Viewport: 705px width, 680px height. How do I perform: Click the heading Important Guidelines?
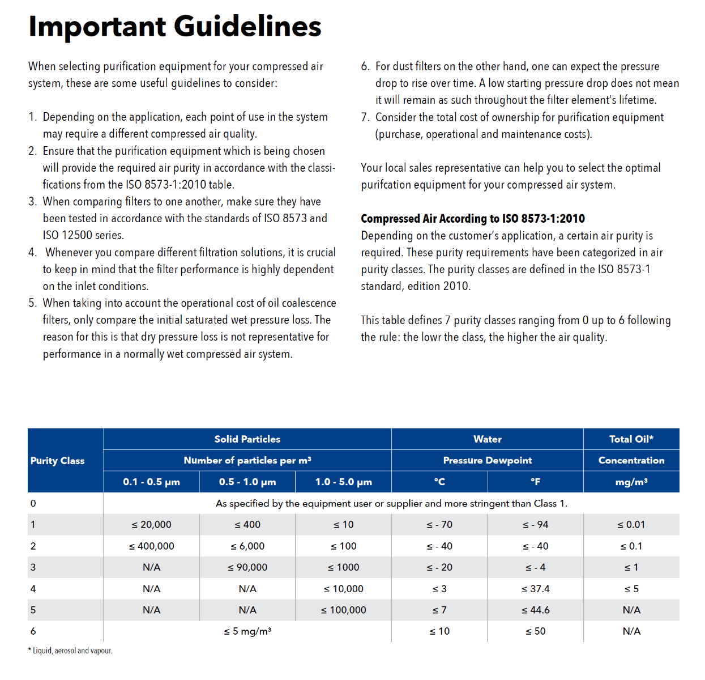(175, 27)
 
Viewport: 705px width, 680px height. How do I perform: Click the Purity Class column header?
(57, 461)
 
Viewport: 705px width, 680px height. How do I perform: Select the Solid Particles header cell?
(247, 439)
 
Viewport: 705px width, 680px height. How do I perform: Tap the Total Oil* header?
(631, 439)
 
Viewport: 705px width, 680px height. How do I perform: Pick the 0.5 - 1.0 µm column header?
(247, 482)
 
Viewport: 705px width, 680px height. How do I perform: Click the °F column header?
(535, 482)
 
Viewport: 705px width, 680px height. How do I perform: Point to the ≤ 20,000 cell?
(151, 525)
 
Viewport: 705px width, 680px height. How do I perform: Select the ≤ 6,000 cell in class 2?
(247, 546)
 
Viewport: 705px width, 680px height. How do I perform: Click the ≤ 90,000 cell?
(247, 567)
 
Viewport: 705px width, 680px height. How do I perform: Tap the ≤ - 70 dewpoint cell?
(439, 525)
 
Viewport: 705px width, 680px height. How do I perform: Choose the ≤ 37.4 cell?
(535, 589)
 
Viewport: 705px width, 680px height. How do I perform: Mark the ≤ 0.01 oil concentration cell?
(631, 525)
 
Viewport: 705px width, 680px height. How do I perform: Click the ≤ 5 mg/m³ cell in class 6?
(247, 631)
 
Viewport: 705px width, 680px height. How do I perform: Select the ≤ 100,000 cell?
(343, 610)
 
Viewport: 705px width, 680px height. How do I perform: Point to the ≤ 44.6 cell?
(535, 610)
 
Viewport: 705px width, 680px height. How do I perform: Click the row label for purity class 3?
(33, 567)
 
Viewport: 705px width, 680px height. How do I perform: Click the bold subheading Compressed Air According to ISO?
(473, 219)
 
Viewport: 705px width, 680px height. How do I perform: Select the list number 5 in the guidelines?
(32, 303)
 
